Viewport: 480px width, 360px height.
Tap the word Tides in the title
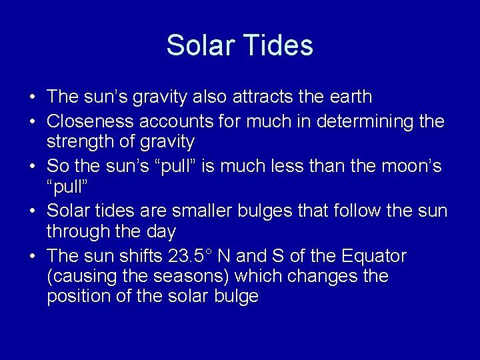click(278, 45)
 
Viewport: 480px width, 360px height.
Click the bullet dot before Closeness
click(32, 120)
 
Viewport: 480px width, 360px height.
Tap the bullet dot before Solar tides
click(32, 211)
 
